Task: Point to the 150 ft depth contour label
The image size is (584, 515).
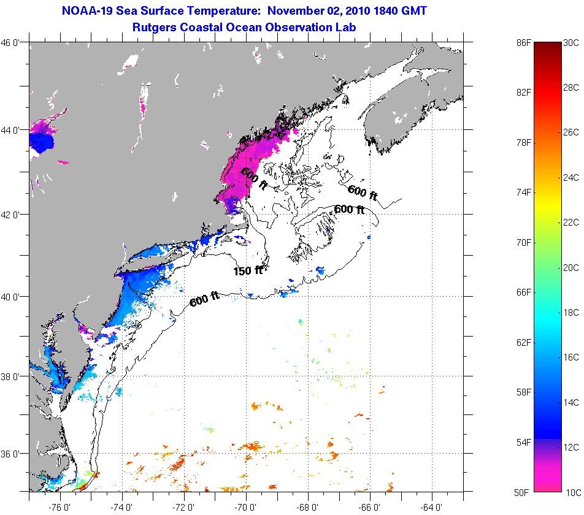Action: pyautogui.click(x=248, y=270)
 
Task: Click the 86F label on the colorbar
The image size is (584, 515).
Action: pyautogui.click(x=523, y=43)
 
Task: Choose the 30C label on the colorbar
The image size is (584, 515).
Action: pyautogui.click(x=571, y=43)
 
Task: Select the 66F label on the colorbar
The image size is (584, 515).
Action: pyautogui.click(x=523, y=292)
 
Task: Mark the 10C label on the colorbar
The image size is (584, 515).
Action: pyautogui.click(x=571, y=492)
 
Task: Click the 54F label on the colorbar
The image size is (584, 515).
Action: pyautogui.click(x=523, y=442)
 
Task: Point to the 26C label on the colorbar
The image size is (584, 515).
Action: pyautogui.click(x=571, y=132)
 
